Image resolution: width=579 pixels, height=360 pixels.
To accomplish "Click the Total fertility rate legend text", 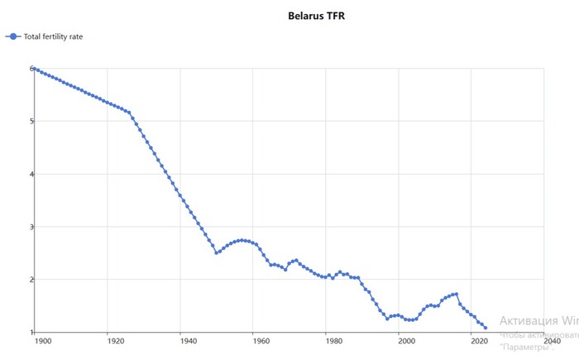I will point(53,36).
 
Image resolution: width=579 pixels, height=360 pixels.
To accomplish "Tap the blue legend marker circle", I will point(12,36).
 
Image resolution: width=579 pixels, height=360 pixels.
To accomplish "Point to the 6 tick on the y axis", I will point(31,69).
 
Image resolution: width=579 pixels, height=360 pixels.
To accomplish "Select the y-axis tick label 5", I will point(31,122).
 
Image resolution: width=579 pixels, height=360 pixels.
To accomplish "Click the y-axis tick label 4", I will point(31,175).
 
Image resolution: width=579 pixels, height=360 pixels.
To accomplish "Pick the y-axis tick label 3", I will point(31,227).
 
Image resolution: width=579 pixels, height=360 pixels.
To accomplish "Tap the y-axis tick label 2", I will point(31,280).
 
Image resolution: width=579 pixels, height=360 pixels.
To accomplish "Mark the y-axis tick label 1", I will point(31,333).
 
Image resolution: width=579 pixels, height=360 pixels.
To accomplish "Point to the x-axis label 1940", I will point(187,341).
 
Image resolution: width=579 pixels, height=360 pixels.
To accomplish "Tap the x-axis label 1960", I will point(260,341).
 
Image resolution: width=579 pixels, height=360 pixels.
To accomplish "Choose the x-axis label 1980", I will point(333,341).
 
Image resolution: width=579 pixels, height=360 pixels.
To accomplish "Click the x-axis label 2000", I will point(405,341).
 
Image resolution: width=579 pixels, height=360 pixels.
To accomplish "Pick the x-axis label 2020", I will point(478,341).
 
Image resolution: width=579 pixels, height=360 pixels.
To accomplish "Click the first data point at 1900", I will point(36,69).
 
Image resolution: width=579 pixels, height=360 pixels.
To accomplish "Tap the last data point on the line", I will point(486,329).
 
